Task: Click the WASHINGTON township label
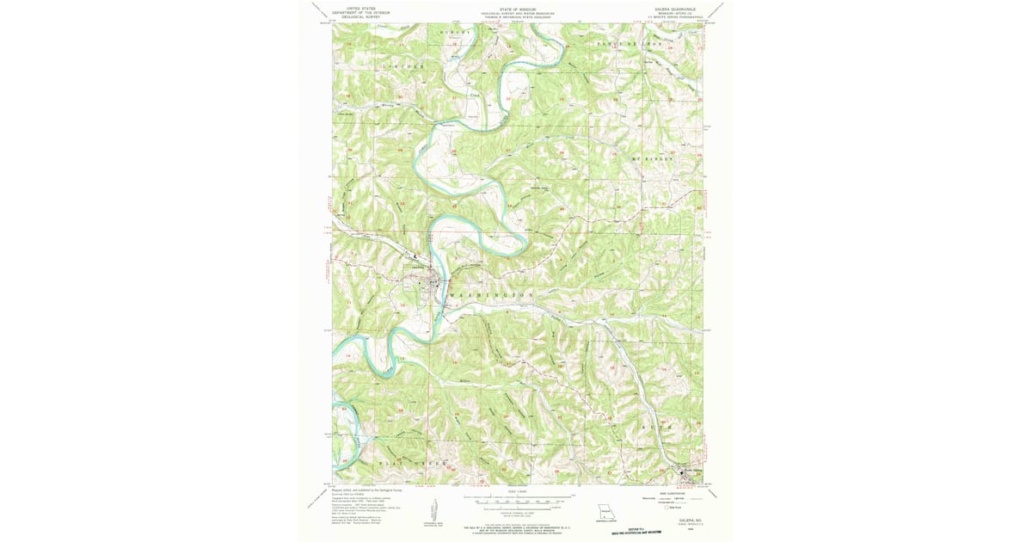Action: [491, 295]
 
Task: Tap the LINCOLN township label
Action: [403, 66]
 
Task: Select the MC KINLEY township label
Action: [654, 159]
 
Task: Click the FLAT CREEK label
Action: [413, 463]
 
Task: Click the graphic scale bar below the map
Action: [517, 499]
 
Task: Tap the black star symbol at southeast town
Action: [683, 471]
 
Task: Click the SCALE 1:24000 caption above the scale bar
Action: [516, 492]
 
